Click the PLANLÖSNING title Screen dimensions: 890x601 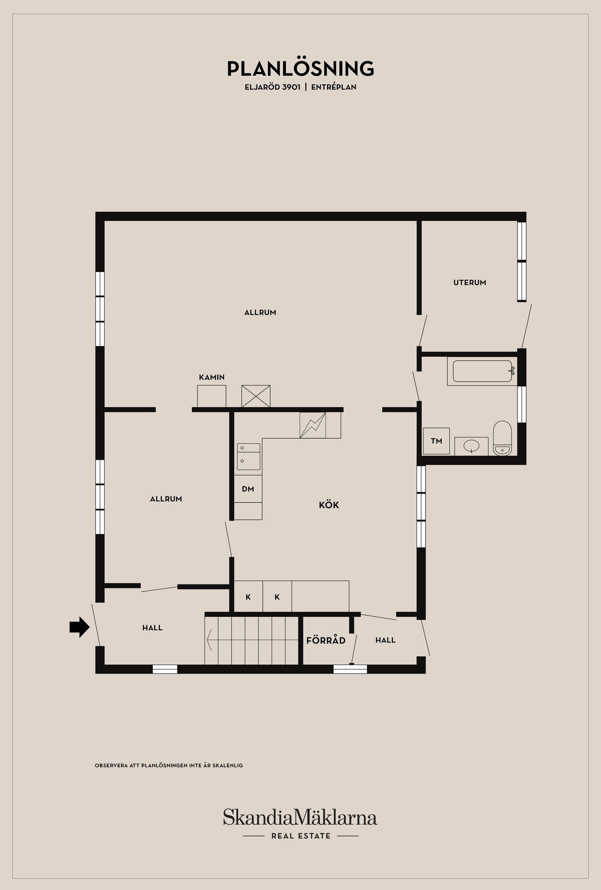tap(300, 69)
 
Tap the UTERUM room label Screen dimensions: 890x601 tap(470, 283)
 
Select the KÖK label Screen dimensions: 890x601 tap(329, 505)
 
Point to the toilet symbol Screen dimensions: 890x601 tap(502, 439)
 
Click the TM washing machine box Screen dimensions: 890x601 tap(436, 441)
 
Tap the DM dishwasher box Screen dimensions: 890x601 tap(248, 489)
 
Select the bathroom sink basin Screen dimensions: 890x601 tap(471, 446)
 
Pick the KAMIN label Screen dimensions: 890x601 tap(212, 377)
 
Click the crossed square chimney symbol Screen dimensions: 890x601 tap(256, 396)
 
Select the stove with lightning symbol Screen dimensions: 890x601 tap(313, 425)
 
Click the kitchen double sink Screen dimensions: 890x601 tap(248, 456)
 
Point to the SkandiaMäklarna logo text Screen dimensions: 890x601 tap(300, 817)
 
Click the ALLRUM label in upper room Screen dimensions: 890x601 tap(260, 312)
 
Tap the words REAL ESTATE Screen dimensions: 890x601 tap(301, 836)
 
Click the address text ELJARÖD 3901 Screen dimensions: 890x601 tap(272, 87)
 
